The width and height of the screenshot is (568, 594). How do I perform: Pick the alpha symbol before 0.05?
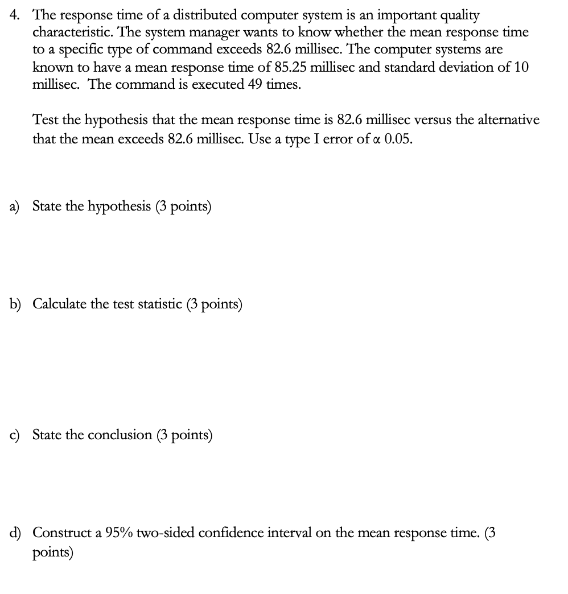click(x=377, y=139)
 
